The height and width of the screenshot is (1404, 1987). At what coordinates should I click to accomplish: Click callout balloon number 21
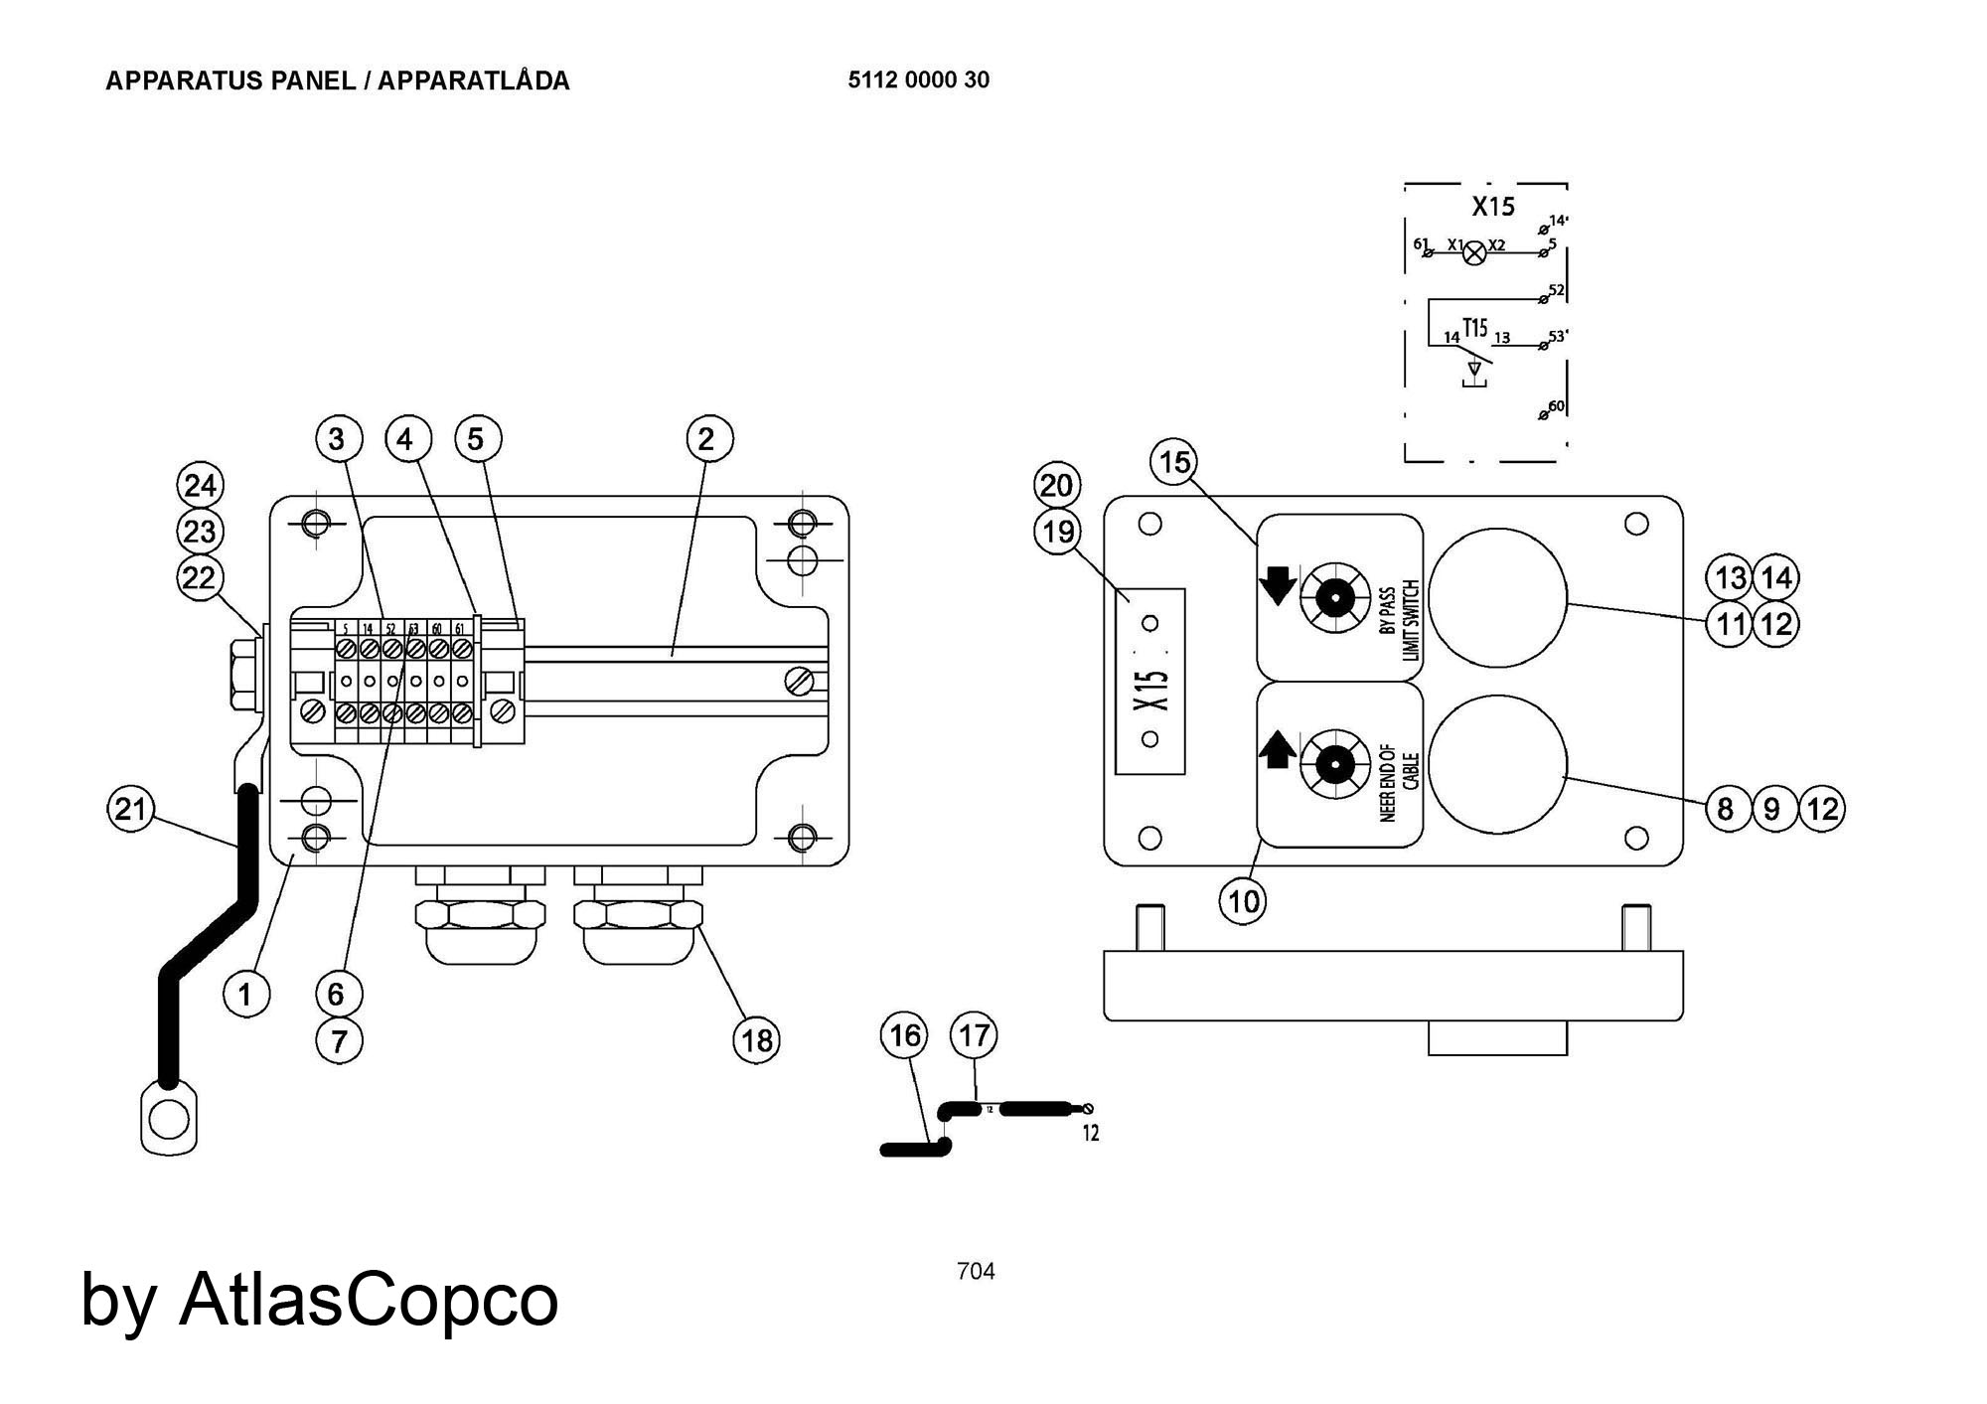(130, 809)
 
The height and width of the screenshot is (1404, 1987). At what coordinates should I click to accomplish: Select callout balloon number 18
(756, 1040)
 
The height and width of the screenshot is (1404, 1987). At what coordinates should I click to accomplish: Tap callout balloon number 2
(709, 438)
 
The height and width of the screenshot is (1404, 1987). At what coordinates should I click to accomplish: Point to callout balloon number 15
(1174, 462)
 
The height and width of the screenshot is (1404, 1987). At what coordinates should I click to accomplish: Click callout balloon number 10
(1243, 901)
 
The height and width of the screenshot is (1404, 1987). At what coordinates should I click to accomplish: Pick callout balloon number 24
(200, 486)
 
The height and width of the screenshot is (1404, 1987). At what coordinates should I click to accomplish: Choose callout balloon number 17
(974, 1035)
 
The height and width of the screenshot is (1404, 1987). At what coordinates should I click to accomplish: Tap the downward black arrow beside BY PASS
(1278, 586)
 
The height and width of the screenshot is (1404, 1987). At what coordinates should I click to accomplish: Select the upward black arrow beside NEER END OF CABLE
(1278, 750)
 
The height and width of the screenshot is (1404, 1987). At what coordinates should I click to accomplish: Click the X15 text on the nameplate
(1150, 690)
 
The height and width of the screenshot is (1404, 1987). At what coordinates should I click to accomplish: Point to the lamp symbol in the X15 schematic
(1476, 252)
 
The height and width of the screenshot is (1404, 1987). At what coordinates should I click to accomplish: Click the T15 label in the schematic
(1475, 327)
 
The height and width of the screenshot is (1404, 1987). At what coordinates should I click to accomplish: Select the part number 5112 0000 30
(918, 80)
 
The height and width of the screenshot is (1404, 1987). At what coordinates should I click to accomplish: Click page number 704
(976, 1271)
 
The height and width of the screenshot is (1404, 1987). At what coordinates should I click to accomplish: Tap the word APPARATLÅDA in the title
(474, 81)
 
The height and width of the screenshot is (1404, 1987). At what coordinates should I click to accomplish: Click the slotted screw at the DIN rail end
(799, 682)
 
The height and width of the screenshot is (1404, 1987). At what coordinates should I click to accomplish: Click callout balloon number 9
(1772, 809)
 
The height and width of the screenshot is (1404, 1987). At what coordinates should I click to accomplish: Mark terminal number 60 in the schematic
(1557, 405)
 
